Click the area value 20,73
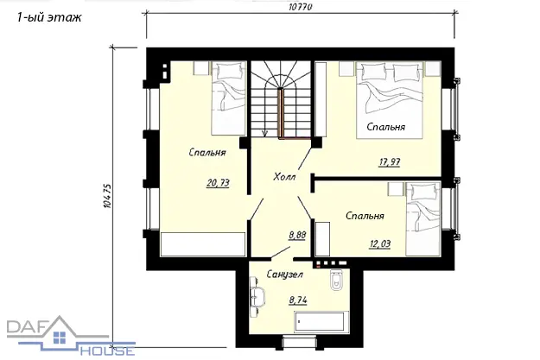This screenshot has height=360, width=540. (x=218, y=183)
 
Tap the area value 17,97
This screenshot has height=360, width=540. (x=389, y=161)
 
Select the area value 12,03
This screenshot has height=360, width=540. (x=380, y=244)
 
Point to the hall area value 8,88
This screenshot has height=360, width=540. (x=297, y=236)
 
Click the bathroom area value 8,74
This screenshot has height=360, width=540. (x=298, y=300)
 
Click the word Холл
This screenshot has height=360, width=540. (x=284, y=177)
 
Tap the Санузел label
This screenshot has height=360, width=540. (x=285, y=275)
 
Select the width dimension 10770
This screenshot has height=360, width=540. (x=301, y=7)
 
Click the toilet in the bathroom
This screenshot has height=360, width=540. (x=336, y=280)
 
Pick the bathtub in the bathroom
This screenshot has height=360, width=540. (x=321, y=322)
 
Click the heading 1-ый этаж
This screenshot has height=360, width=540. (x=49, y=17)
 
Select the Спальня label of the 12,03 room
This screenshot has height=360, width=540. (x=365, y=216)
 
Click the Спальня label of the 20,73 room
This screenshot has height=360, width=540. (x=207, y=152)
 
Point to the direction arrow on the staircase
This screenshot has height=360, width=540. (x=265, y=134)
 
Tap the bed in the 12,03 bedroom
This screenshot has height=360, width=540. (x=423, y=219)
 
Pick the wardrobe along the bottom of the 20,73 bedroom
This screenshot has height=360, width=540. (x=203, y=244)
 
